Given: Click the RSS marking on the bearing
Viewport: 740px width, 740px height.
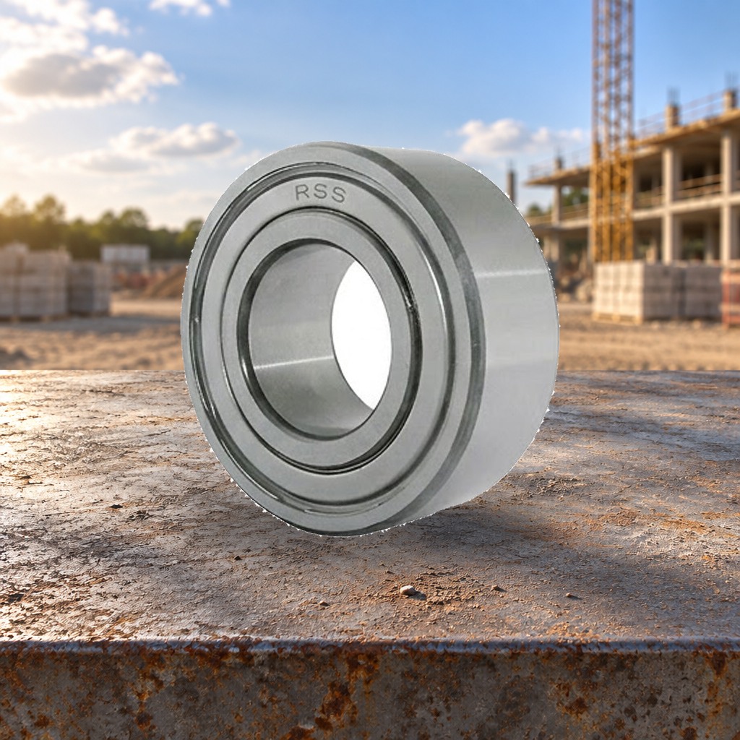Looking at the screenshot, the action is pos(320,193).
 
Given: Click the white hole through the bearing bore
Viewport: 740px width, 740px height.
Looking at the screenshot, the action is pos(361,335).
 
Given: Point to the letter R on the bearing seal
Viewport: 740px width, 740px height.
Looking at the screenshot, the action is pos(303,192).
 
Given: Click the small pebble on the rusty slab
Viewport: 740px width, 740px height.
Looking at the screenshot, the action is pos(408,590).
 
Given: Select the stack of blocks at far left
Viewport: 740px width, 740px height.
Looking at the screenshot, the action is pos(33,281).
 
